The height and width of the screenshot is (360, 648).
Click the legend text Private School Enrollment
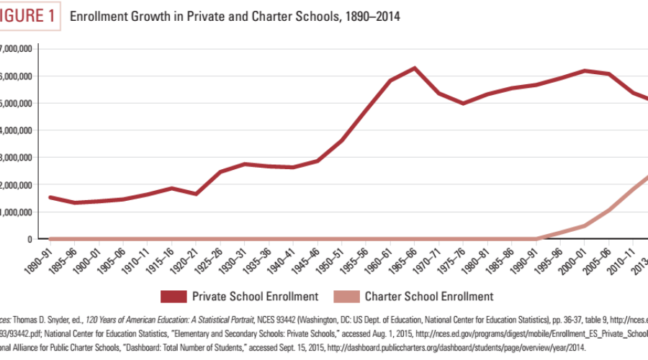[x=255, y=296]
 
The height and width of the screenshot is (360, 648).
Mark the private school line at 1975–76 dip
[x=463, y=103]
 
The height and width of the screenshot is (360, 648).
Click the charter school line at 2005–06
[x=611, y=210]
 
